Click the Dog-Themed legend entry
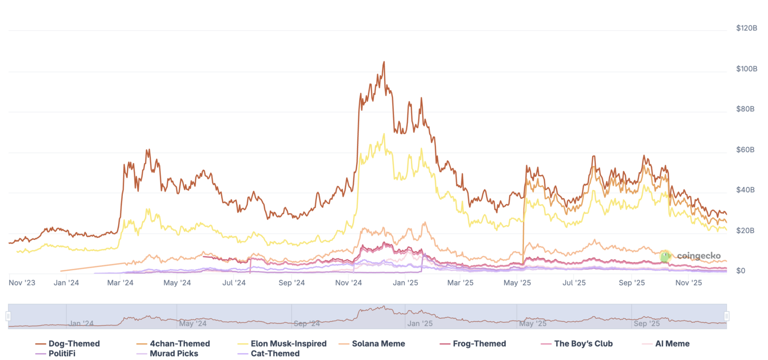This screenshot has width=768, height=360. point(68,344)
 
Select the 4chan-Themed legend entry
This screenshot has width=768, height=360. point(173,344)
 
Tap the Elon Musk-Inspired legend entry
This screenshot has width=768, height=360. point(282,344)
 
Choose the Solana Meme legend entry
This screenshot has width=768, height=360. point(372,344)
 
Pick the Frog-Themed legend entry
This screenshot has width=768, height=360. point(473,344)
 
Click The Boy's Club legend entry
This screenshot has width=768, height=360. point(576,344)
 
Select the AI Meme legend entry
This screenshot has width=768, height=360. point(666,344)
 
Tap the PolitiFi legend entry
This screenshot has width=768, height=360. point(55,353)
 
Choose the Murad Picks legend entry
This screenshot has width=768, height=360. point(168,353)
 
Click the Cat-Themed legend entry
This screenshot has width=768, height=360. point(268,353)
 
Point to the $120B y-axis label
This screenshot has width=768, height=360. point(746,28)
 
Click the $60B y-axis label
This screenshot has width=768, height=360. point(745,150)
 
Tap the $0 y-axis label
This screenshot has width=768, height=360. point(741,271)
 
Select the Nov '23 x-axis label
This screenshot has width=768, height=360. point(22,283)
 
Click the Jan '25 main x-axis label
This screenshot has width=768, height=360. point(405,283)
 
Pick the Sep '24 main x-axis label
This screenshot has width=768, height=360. point(291,283)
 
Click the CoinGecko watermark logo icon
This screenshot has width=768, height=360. point(665,256)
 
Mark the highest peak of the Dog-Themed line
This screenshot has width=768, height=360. point(384,62)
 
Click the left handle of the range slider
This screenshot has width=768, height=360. point(8,316)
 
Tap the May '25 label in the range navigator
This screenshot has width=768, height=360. point(532,324)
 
